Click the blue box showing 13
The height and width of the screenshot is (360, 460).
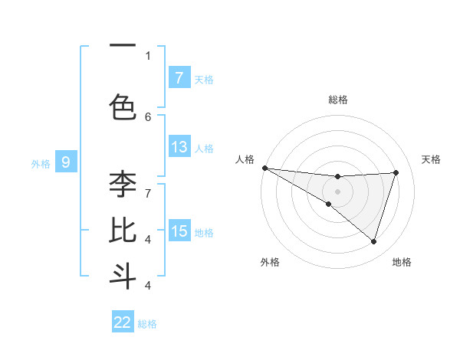pos(179,147)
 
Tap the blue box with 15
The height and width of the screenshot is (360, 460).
pos(179,231)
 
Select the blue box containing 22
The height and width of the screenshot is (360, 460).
pos(123,322)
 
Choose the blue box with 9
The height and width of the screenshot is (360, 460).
pos(66,162)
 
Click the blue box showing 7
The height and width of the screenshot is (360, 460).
pos(179,77)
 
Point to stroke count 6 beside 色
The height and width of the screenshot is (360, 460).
pos(148,116)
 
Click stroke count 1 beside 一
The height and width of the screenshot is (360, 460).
pos(148,55)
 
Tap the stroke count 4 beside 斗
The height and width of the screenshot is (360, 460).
pos(148,285)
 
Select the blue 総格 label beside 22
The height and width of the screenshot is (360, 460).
pos(147,324)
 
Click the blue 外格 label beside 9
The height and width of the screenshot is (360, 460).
pos(41,163)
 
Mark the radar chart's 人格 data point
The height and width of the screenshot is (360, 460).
pos(264,167)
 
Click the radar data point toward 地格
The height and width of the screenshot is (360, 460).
pos(373,241)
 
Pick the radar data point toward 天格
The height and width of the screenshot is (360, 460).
pos(396,172)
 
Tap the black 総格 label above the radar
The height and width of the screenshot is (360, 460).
pos(337,100)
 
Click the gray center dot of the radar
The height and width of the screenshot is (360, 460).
pos(337,191)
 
